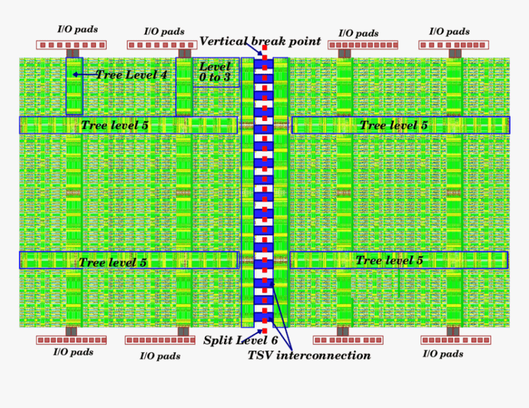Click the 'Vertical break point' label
click(260, 41)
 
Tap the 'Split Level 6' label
click(241, 340)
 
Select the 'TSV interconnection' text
click(309, 355)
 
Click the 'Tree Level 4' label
click(132, 74)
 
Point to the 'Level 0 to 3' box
click(217, 73)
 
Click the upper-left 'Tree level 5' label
click(114, 125)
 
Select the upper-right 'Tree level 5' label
click(394, 125)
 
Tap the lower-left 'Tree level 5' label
click(113, 262)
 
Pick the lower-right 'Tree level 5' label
click(389, 260)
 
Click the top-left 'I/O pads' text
click(78, 29)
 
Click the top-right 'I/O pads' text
click(450, 32)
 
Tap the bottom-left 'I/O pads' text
click(73, 352)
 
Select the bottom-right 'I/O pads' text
click(443, 354)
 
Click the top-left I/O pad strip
click(71, 45)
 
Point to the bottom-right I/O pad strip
click(456, 340)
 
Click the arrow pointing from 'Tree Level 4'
click(85, 74)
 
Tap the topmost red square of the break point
click(264, 48)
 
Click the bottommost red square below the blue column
click(264, 331)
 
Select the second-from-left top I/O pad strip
click(162, 45)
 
